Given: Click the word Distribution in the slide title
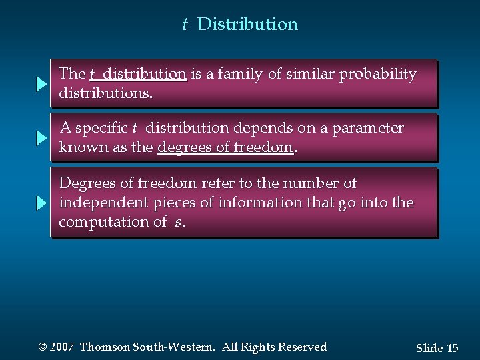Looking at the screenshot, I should tap(248, 25).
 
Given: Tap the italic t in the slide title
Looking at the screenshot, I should tap(185, 25).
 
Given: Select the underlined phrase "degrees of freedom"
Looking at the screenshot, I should tap(225, 147).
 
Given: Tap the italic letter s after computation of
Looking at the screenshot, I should tap(177, 223).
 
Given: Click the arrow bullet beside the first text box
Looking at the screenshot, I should tap(41, 84).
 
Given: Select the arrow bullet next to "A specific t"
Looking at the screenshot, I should tap(41, 138).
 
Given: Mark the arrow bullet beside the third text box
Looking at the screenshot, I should tap(41, 203).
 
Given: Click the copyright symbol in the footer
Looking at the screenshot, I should tap(43, 347).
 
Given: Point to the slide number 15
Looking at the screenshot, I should tap(452, 348).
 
